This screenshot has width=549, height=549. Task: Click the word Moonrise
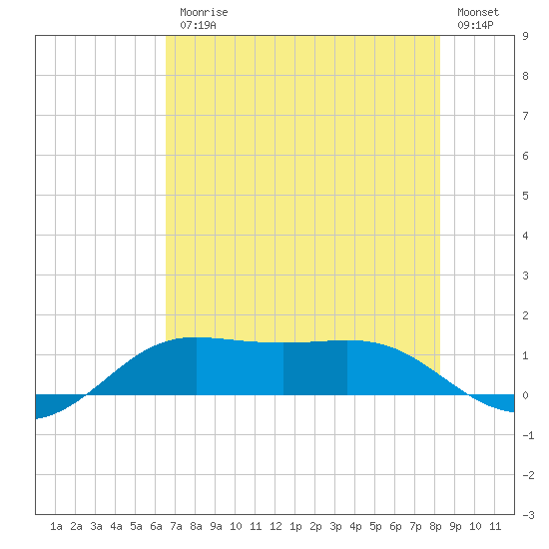204,12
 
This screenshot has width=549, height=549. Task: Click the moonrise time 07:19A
199,25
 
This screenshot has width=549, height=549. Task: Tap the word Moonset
478,12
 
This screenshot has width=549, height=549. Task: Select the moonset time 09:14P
475,25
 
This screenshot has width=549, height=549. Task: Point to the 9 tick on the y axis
525,36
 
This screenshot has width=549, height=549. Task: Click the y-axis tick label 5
525,196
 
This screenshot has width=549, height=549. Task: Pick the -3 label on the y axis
528,515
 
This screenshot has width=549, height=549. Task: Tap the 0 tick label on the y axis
525,395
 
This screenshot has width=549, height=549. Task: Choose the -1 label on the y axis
528,435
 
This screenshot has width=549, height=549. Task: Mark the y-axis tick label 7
525,116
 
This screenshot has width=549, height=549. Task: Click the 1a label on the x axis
56,526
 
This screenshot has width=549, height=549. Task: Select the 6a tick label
156,526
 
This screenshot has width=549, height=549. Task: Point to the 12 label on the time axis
275,526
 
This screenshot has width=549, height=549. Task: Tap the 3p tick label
335,526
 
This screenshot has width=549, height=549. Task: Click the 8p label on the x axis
435,526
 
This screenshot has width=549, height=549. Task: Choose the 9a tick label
216,526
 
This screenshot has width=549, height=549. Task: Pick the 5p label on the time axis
375,526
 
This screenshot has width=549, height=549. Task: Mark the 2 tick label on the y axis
525,315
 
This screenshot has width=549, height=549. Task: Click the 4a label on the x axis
116,526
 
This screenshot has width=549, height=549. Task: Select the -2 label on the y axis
528,475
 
